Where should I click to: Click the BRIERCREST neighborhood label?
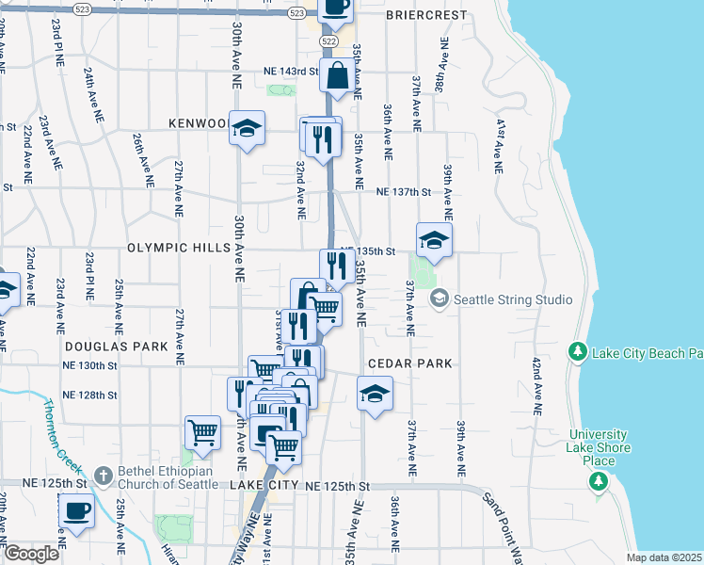point(426,16)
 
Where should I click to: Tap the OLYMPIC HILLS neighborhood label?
point(179,248)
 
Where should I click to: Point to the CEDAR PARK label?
point(410,363)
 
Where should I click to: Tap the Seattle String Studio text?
point(513,300)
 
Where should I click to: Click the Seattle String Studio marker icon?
point(439,299)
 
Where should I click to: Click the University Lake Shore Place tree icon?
point(597,482)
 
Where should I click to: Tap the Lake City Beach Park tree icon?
point(578,353)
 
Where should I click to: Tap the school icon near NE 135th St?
point(434,239)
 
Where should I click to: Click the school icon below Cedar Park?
point(374,394)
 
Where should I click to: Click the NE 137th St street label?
point(403,192)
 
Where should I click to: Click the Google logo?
point(31,554)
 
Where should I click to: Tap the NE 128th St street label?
point(90,395)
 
